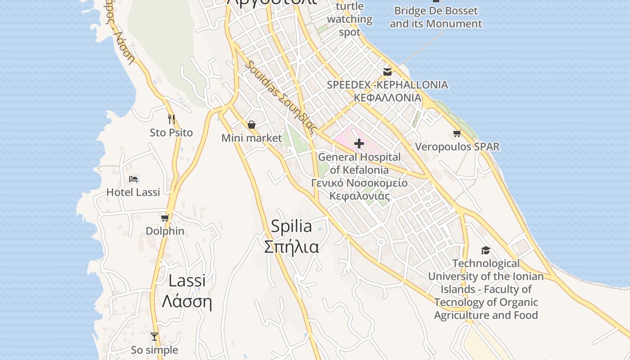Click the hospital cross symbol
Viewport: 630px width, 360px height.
pyautogui.click(x=359, y=144)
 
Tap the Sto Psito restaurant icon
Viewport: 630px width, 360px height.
pyautogui.click(x=171, y=119)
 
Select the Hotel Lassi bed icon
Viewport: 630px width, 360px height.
pyautogui.click(x=133, y=179)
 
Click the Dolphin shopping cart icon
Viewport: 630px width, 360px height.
pyautogui.click(x=165, y=218)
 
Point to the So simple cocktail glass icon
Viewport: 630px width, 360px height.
pyautogui.click(x=154, y=337)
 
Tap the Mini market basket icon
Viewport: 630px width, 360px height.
pyautogui.click(x=252, y=125)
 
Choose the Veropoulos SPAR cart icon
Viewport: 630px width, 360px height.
pyautogui.click(x=457, y=134)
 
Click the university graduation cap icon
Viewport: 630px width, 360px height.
pyautogui.click(x=486, y=250)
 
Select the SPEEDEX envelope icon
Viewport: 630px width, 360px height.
pyautogui.click(x=387, y=72)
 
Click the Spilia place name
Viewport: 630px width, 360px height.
pyautogui.click(x=291, y=226)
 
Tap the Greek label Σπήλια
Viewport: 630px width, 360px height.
pyautogui.click(x=291, y=247)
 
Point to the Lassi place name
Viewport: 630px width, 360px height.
pyautogui.click(x=187, y=280)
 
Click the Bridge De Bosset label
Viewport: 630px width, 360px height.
pyautogui.click(x=436, y=17)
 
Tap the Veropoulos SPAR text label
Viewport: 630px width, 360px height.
pyautogui.click(x=457, y=147)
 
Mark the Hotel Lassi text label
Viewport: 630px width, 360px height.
pyautogui.click(x=133, y=192)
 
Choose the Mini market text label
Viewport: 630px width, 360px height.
pyautogui.click(x=252, y=138)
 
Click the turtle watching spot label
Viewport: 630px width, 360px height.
pyautogui.click(x=350, y=19)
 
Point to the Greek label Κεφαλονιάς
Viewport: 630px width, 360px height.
pyautogui.click(x=359, y=196)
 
